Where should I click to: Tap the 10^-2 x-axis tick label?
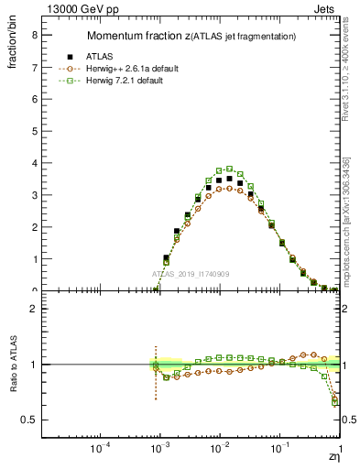pos(220,450)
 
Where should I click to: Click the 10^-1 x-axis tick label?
pos(280,450)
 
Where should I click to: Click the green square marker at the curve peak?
pos(229,169)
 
